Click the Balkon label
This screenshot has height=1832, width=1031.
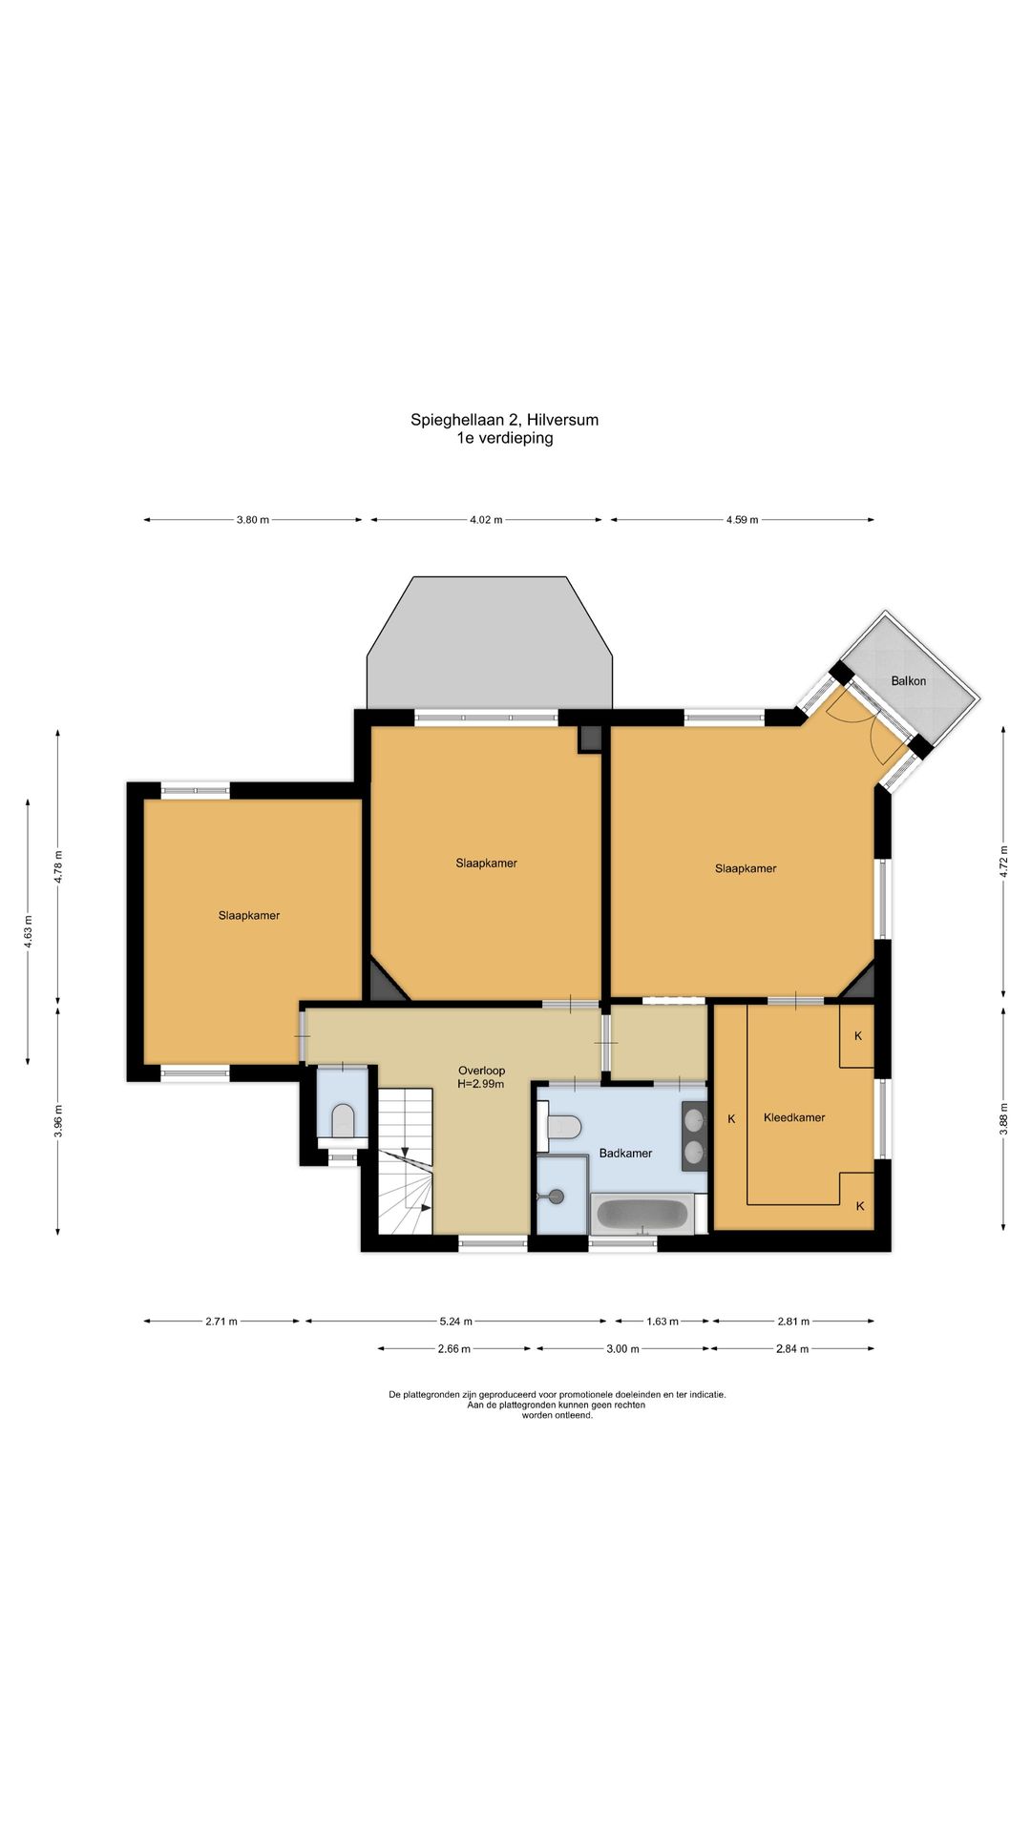pos(908,680)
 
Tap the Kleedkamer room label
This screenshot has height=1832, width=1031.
pos(794,1117)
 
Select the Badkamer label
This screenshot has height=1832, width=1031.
pos(625,1153)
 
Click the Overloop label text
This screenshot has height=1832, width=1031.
pos(481,1071)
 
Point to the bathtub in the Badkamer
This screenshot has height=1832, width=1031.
pos(642,1214)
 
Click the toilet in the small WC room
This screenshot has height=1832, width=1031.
pos(343,1120)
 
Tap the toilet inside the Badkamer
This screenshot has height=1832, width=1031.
pos(560,1128)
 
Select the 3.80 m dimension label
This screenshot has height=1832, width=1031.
pos(253,520)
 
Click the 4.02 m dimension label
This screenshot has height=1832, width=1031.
pos(486,520)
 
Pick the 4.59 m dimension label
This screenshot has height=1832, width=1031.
pos(742,520)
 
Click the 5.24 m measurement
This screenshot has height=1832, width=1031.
pos(455,1322)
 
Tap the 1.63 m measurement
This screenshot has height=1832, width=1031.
pos(663,1322)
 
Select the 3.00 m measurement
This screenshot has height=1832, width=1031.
pos(622,1349)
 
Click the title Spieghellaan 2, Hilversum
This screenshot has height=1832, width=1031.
pos(505,420)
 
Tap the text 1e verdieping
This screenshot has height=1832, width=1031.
pos(505,439)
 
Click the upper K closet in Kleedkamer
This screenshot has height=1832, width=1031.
pos(857,1035)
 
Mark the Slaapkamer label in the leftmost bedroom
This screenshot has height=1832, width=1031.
pos(249,915)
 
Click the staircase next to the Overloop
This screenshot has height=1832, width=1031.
pos(406,1161)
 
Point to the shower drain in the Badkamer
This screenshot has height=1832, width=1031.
pos(549,1196)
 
